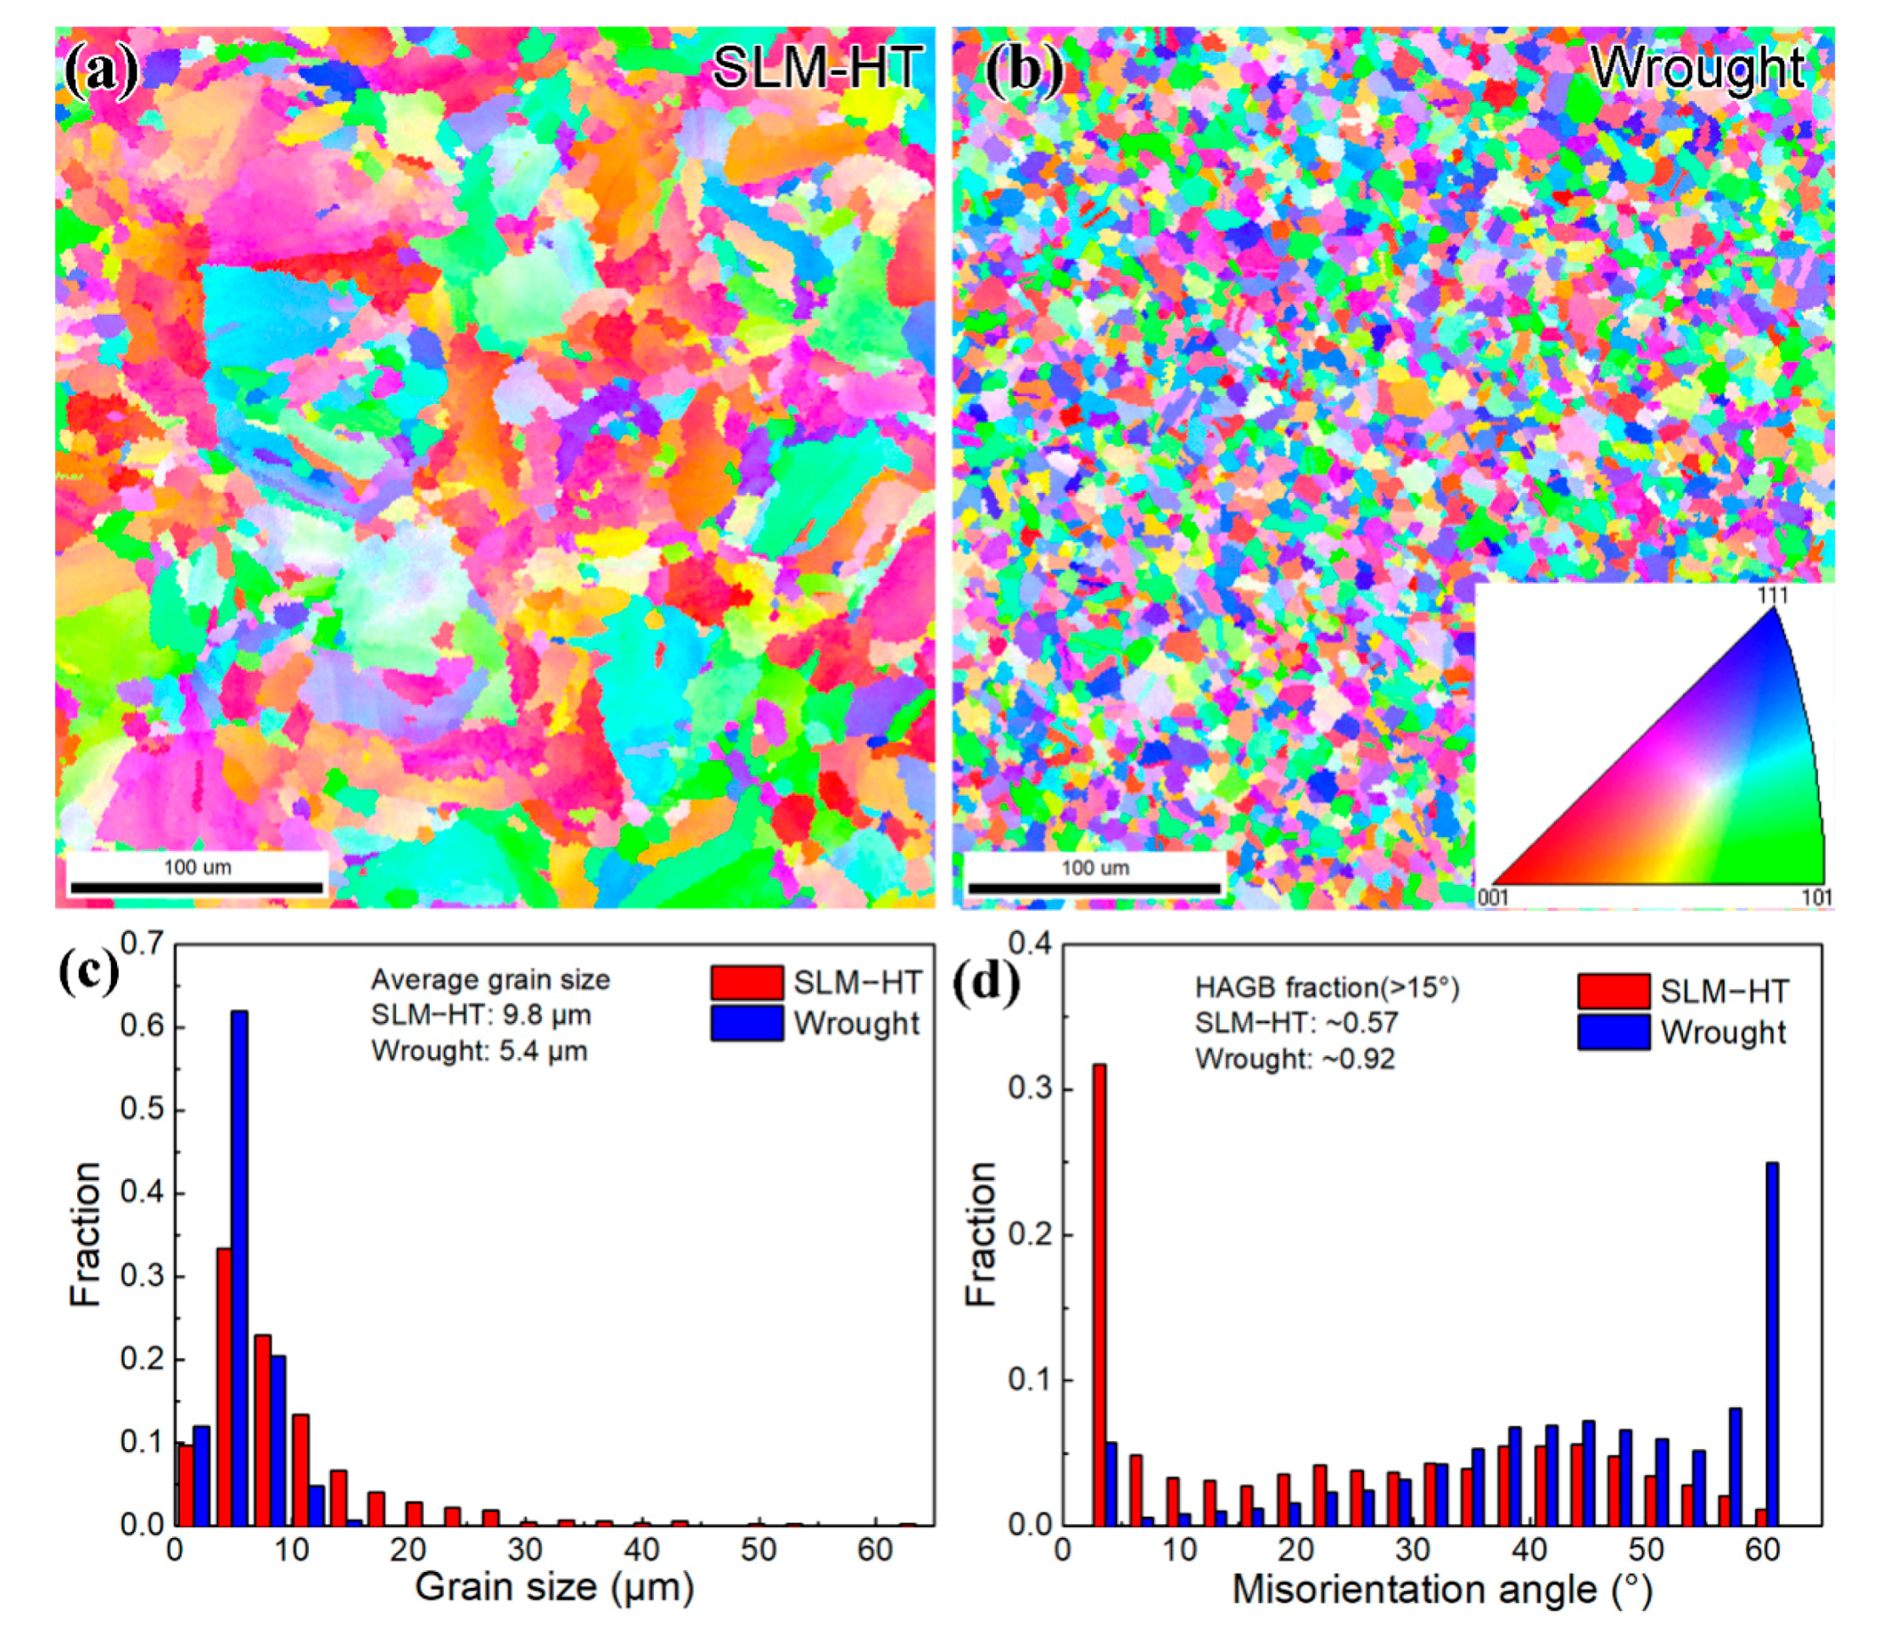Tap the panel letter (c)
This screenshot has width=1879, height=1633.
[88, 971]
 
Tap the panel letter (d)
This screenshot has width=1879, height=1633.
[986, 982]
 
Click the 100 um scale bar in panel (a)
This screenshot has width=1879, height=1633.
[197, 886]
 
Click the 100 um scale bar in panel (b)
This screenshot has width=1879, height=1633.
[1093, 886]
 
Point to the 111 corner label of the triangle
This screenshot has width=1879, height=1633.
[1771, 596]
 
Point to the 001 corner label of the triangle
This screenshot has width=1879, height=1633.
[1493, 898]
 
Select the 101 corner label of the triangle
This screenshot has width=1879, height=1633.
[1816, 898]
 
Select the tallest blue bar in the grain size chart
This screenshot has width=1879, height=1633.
[238, 1267]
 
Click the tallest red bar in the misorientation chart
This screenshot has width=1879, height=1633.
[1099, 1294]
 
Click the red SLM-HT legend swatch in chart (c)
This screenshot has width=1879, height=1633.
[747, 982]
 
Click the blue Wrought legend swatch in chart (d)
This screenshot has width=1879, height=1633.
[1613, 1032]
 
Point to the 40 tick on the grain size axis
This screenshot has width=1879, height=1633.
[641, 1549]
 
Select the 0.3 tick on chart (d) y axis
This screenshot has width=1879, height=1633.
[1030, 1090]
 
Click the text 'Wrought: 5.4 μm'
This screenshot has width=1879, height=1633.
[479, 1051]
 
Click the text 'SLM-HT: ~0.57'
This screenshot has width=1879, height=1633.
[1296, 1022]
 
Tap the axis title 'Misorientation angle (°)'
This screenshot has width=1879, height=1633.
[1441, 1589]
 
